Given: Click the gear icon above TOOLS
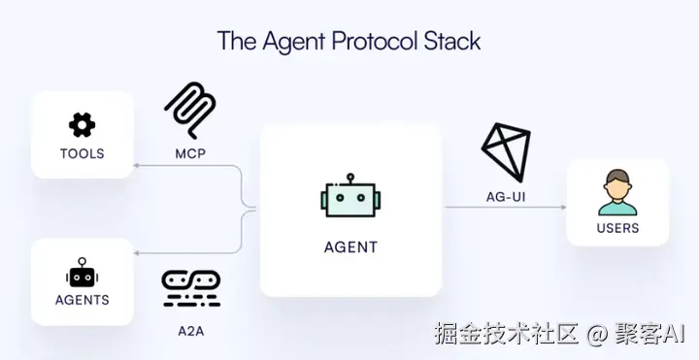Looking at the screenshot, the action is tap(82, 125).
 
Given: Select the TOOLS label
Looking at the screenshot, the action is tap(82, 153).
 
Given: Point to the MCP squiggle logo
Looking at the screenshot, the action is tap(190, 110).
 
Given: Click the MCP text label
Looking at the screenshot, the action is tap(190, 153).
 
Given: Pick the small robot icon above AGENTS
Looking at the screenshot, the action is tap(82, 272).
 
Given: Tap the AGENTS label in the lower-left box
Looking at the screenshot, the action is tap(82, 300).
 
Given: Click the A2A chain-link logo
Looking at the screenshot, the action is tap(191, 288).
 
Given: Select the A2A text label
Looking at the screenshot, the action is tap(191, 331).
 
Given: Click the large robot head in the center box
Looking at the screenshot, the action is tap(350, 195).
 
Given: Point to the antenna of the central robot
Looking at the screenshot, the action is tap(350, 179).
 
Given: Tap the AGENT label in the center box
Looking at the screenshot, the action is tap(350, 246).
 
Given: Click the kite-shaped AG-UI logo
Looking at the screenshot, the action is tap(506, 152).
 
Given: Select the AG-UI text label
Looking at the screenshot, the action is tap(506, 196).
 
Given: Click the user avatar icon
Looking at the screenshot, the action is tap(617, 192).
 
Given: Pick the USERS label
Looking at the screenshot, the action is tap(617, 228).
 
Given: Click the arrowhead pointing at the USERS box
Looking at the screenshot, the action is tap(563, 208).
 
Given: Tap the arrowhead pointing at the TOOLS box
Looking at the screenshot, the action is tap(137, 166).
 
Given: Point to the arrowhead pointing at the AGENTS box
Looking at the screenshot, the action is tap(137, 253).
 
